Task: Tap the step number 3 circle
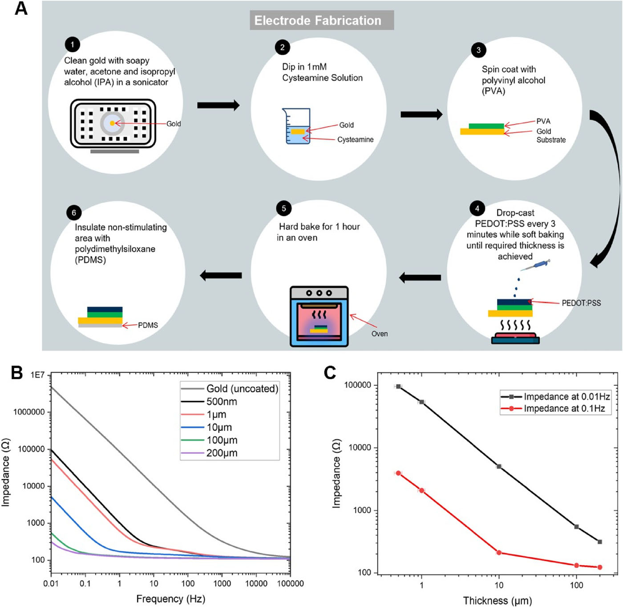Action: point(478,50)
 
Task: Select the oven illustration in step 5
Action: point(319,316)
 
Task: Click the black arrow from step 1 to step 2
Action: point(218,105)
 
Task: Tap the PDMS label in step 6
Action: point(148,326)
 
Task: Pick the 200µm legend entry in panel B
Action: point(222,453)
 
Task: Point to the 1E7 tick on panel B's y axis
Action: point(37,375)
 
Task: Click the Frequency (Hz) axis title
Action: point(170,599)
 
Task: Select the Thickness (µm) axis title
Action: point(497,601)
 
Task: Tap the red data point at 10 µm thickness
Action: point(499,553)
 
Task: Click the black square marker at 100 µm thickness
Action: point(576,527)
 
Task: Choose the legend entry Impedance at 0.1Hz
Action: point(564,408)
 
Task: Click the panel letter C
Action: point(330,373)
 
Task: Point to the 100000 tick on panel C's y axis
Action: point(357,385)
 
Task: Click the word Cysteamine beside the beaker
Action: point(355,140)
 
